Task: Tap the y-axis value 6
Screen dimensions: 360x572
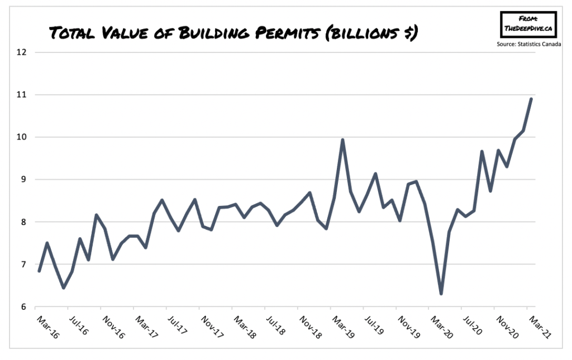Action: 23,307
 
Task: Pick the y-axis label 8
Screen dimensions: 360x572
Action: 23,222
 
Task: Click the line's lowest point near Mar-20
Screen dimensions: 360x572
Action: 441,294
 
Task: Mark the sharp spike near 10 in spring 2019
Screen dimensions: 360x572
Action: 342,140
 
